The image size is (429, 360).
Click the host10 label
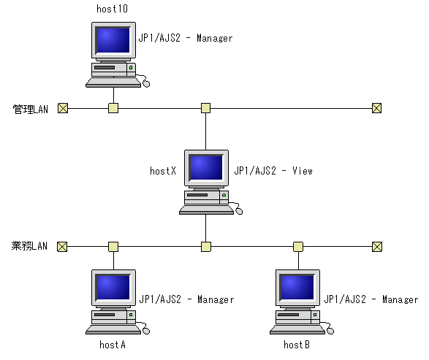(113, 9)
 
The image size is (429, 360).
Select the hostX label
(163, 172)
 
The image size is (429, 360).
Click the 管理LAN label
(30, 109)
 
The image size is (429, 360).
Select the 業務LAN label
(30, 247)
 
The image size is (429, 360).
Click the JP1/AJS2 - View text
(273, 172)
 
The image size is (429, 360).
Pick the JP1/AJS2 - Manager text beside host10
(186, 38)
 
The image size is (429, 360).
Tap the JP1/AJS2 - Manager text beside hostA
(186, 299)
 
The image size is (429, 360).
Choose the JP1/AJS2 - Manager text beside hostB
(371, 299)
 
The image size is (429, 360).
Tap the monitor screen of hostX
(205, 168)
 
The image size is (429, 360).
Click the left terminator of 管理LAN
(62, 108)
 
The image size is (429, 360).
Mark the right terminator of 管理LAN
(376, 108)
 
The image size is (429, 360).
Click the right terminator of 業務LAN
(376, 247)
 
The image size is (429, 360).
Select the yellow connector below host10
(113, 108)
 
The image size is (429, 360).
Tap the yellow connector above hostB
(297, 247)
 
